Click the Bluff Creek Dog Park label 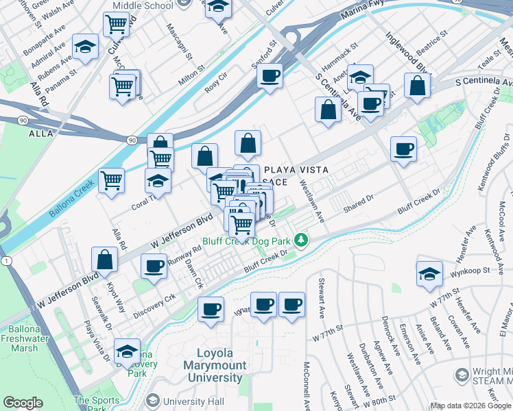coord(247,241)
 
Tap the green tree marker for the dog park coord(300,240)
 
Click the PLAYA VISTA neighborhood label coord(296,170)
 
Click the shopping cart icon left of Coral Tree coord(111,181)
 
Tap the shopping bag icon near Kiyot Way coord(104,260)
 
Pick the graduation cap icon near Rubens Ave coord(85,47)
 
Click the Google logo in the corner coord(23,403)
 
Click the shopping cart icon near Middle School coord(117,24)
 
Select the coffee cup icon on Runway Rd coord(154,265)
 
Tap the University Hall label coord(191,401)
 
